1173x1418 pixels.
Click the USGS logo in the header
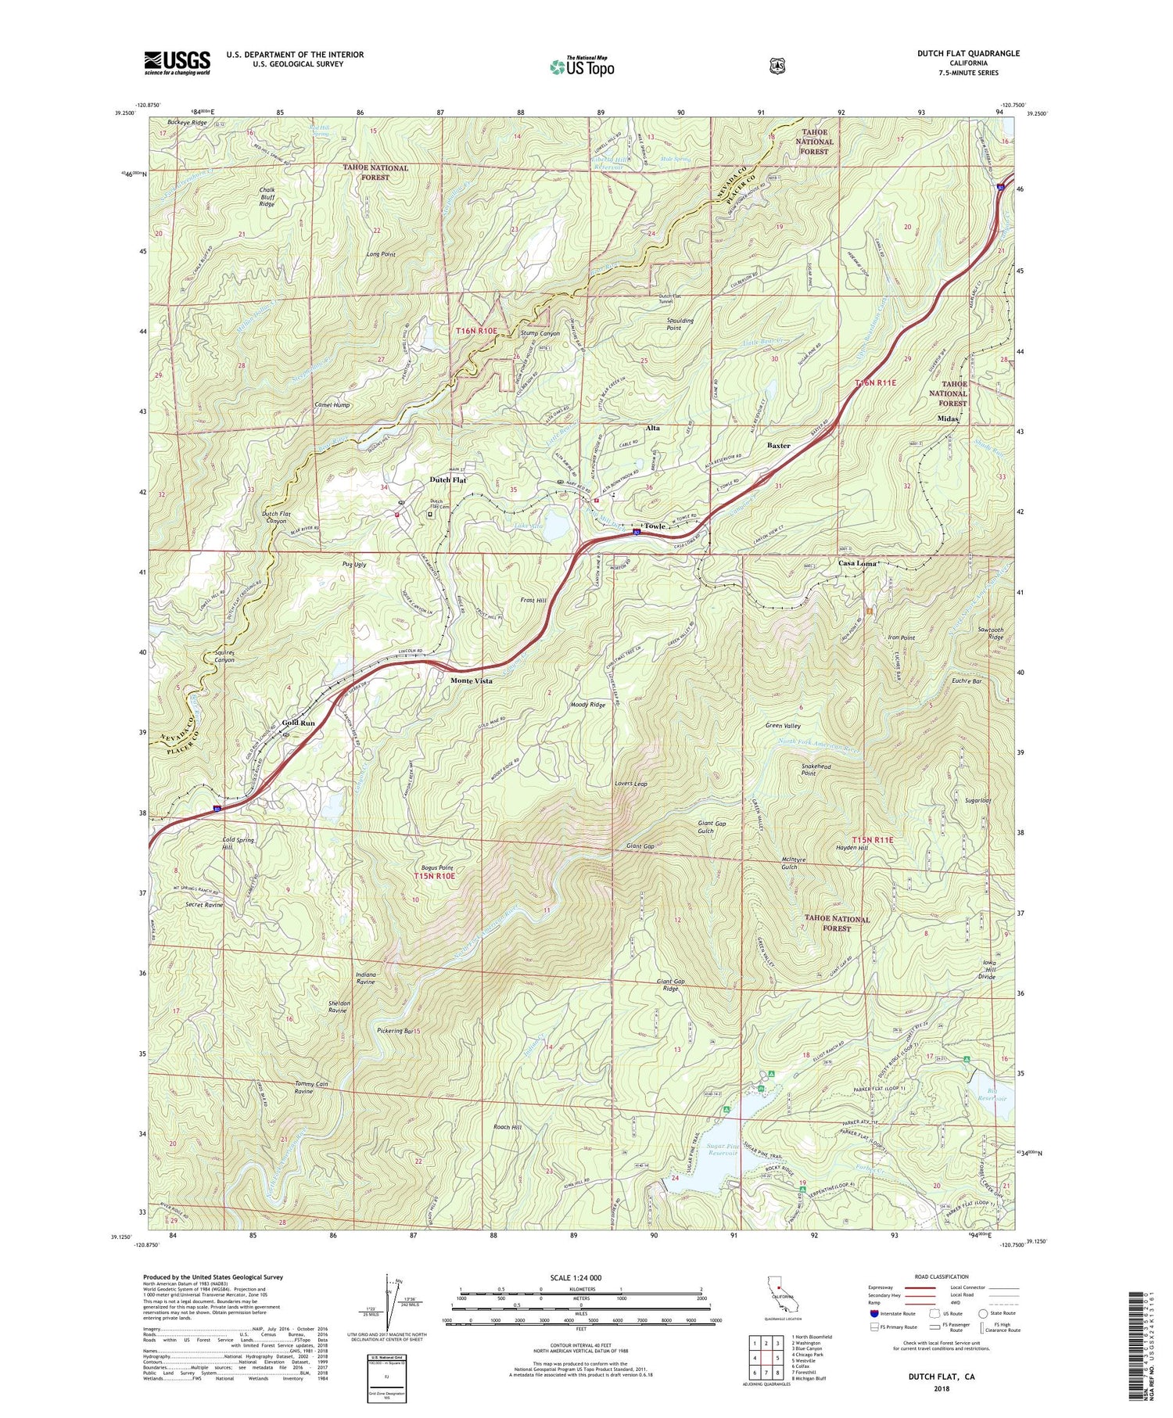[177, 63]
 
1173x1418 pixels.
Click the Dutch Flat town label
[448, 479]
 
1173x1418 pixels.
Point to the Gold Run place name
[298, 723]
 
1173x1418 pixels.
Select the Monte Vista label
[472, 681]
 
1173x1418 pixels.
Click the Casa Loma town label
[858, 563]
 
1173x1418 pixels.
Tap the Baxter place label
[778, 445]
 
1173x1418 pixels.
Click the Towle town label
[655, 526]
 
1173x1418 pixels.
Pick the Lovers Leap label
[630, 783]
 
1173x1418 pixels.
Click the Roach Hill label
[507, 1127]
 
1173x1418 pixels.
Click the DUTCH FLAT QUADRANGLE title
[968, 53]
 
